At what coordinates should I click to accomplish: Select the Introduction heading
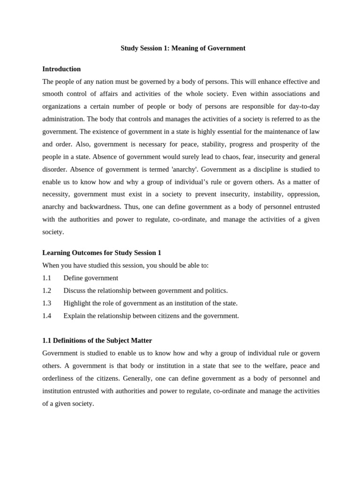click(61, 69)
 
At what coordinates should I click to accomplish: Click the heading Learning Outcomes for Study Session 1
click(102, 253)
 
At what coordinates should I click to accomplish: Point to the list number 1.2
click(46, 291)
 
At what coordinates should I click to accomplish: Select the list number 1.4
click(46, 316)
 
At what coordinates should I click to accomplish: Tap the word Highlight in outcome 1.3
click(77, 303)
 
